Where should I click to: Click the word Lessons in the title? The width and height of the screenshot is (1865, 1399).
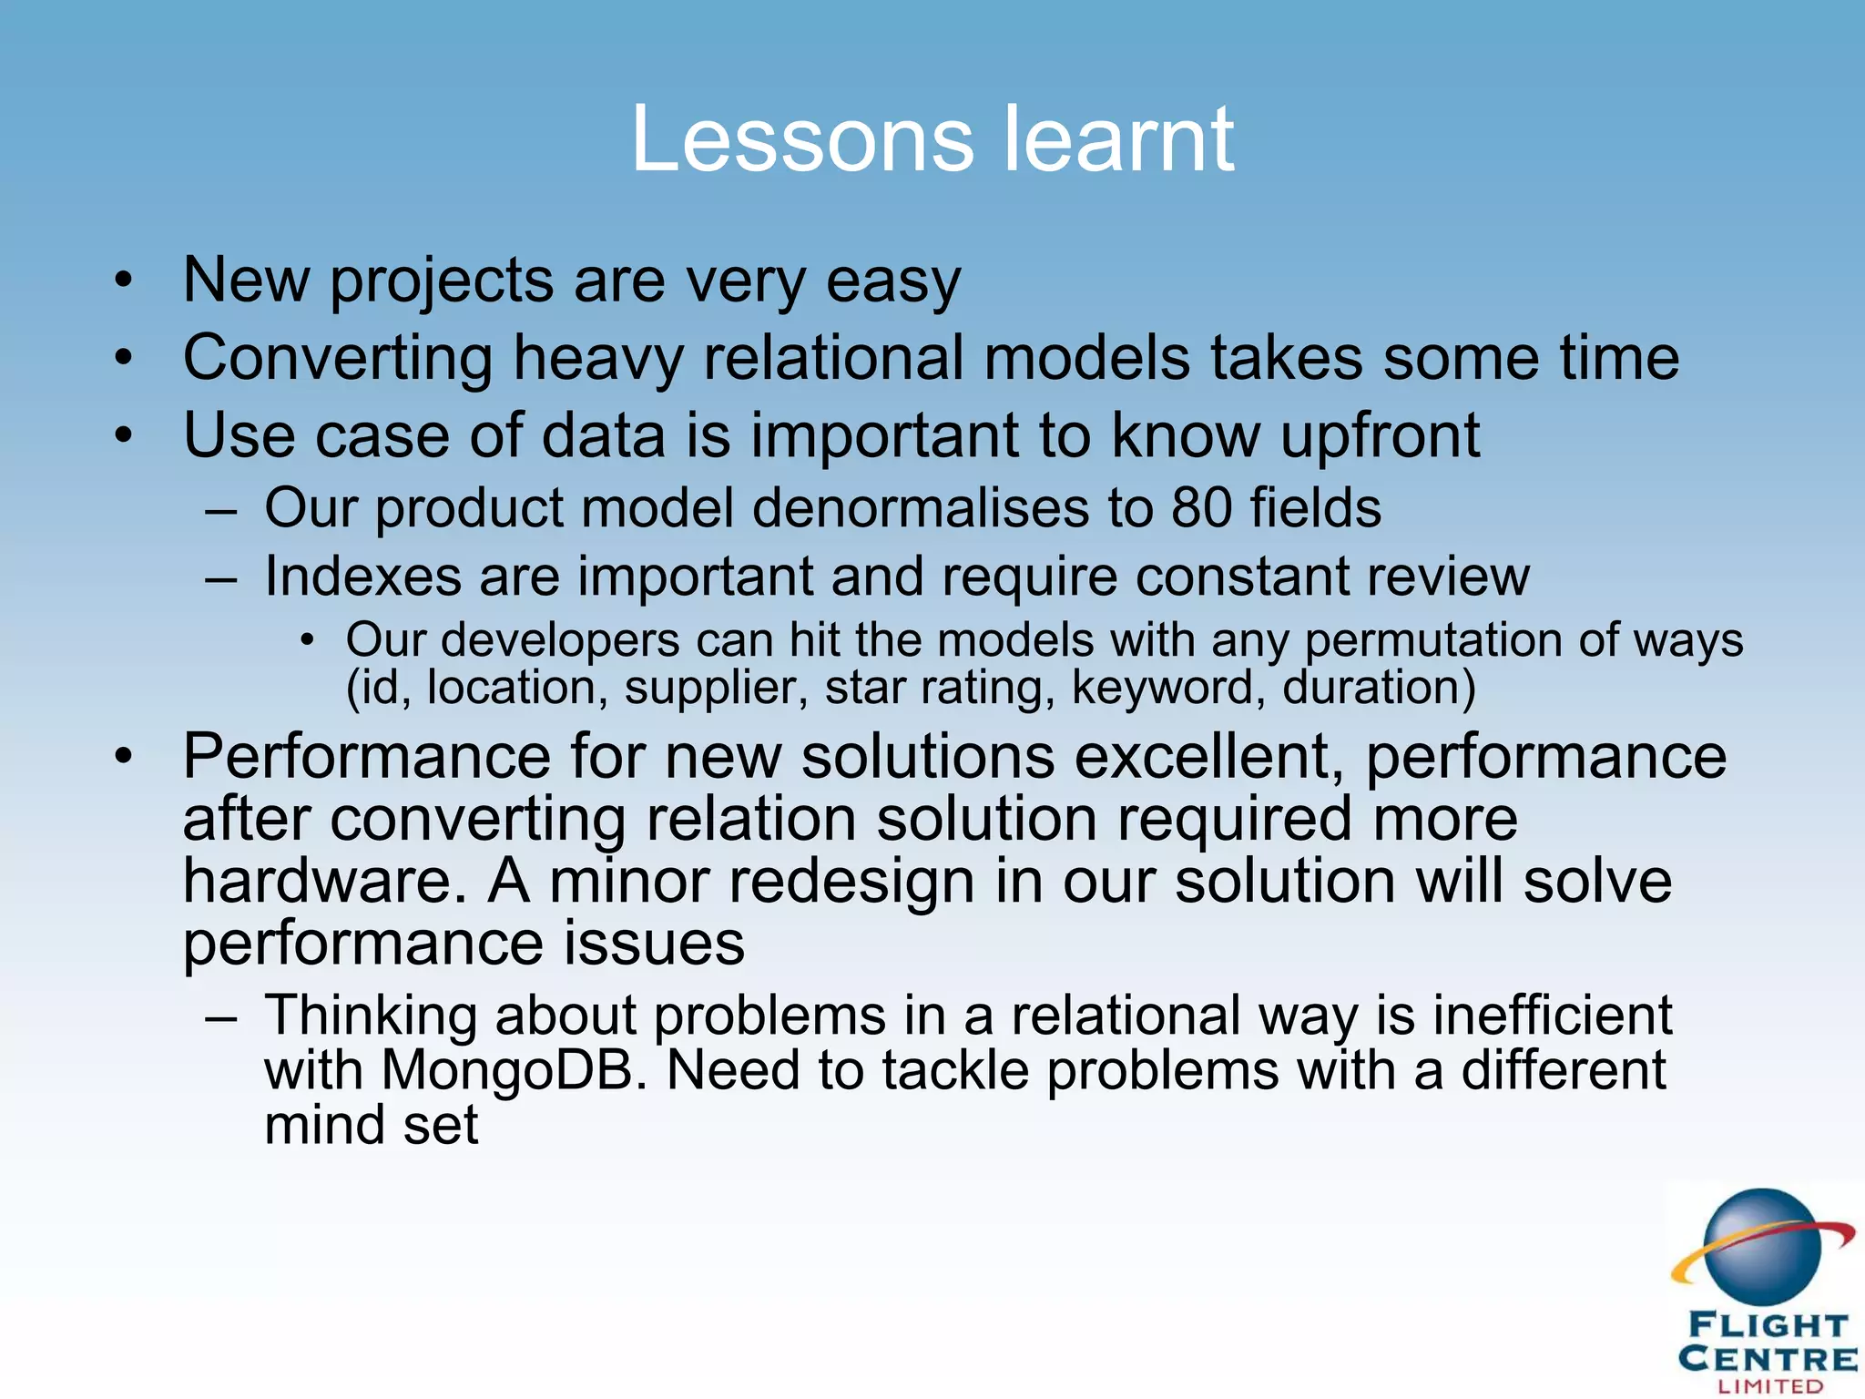coord(802,138)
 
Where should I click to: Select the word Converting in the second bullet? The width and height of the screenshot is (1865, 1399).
coord(337,358)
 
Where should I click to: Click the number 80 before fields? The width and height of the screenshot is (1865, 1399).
coord(1202,507)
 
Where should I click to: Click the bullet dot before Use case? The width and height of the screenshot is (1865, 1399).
coord(124,436)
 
